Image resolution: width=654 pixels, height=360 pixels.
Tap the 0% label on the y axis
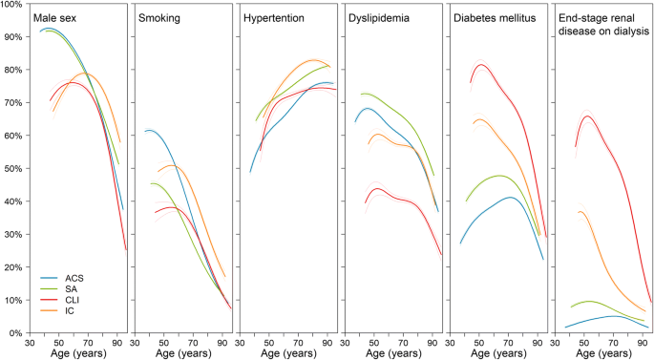pos(17,332)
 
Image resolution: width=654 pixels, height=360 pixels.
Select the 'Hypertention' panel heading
pos(276,19)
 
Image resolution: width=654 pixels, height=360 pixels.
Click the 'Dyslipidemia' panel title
pos(384,19)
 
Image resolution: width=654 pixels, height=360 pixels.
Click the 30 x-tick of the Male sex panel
pos(31,342)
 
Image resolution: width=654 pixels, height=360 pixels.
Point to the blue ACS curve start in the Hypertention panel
pos(250,172)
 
